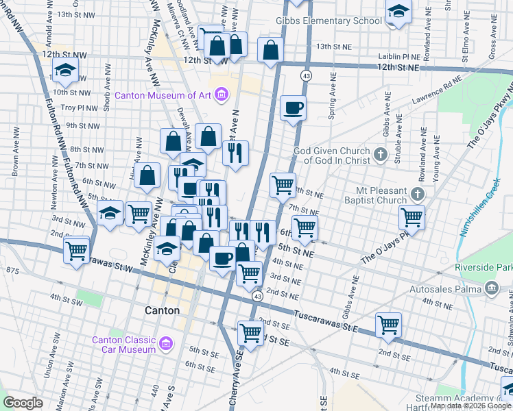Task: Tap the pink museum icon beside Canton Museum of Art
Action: click(x=221, y=94)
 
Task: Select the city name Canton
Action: click(x=163, y=310)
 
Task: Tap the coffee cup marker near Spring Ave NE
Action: click(x=293, y=108)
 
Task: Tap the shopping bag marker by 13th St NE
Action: click(x=271, y=49)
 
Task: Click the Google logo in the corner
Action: click(x=23, y=403)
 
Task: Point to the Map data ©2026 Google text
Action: click(x=470, y=406)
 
